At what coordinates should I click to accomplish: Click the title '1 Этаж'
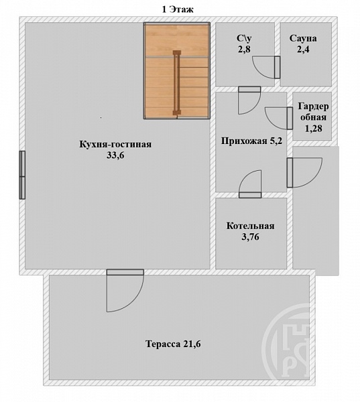[177, 9]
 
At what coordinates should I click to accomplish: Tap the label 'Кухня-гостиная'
[115, 144]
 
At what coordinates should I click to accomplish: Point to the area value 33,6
[115, 155]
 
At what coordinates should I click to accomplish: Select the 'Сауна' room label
[303, 38]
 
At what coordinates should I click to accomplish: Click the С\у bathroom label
[244, 38]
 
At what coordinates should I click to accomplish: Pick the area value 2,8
[244, 49]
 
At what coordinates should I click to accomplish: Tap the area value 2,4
[303, 49]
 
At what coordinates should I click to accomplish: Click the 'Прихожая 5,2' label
[251, 141]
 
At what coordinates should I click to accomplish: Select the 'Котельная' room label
[251, 226]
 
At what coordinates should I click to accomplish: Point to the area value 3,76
[251, 237]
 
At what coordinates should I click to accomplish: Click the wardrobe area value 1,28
[313, 128]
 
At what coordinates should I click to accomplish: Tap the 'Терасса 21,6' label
[173, 344]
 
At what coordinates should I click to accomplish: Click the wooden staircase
[177, 71]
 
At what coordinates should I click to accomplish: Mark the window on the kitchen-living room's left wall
[22, 175]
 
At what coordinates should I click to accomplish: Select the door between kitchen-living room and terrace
[125, 291]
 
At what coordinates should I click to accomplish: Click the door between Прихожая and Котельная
[250, 184]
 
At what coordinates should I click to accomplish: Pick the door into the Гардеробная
[279, 118]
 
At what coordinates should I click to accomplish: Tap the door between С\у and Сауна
[266, 68]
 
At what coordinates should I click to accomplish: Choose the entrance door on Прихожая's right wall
[304, 173]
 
